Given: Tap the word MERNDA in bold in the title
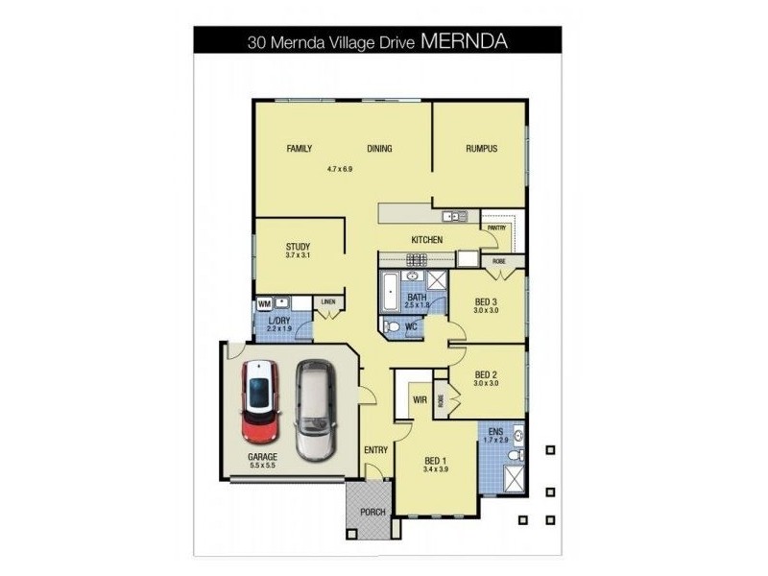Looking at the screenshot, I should click(x=465, y=41).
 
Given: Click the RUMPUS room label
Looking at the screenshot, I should click(x=480, y=149).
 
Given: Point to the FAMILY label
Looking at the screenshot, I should click(x=300, y=149).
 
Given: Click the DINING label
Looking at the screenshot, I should click(x=379, y=149).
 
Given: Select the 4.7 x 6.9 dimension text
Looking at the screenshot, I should click(x=340, y=169).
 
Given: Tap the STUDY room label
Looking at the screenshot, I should click(x=298, y=247).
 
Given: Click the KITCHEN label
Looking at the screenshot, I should click(x=426, y=239).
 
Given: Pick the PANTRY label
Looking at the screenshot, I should click(x=496, y=228).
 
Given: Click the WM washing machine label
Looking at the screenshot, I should click(x=264, y=304).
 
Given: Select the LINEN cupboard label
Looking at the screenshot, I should click(x=328, y=302).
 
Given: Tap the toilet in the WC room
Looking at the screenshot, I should click(x=392, y=327).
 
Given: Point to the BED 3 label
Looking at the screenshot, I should click(x=486, y=300).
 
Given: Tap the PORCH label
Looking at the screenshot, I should click(x=372, y=512).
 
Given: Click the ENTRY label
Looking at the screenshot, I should click(x=374, y=449).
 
